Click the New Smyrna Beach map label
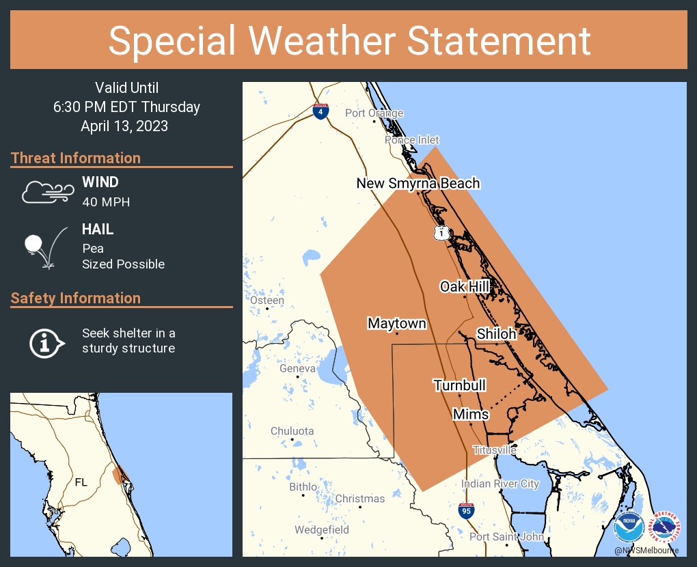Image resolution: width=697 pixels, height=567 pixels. pyautogui.click(x=418, y=183)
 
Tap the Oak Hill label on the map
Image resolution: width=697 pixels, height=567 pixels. pyautogui.click(x=465, y=286)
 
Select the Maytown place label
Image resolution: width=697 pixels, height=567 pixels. pyautogui.click(x=396, y=323)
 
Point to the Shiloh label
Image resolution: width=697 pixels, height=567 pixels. pyautogui.click(x=496, y=333)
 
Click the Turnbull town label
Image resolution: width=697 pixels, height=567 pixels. pyautogui.click(x=459, y=385)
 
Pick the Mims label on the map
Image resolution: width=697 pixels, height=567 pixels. pyautogui.click(x=471, y=414)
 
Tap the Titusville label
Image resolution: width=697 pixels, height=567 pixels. pyautogui.click(x=495, y=450)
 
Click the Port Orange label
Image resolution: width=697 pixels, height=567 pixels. pyautogui.click(x=374, y=113)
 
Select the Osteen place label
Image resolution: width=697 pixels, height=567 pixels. pyautogui.click(x=266, y=301)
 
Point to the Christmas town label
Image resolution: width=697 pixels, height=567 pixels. pyautogui.click(x=359, y=499)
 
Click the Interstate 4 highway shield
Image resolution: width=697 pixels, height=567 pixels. pyautogui.click(x=320, y=111)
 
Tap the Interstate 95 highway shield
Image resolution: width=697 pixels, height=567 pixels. pyautogui.click(x=465, y=510)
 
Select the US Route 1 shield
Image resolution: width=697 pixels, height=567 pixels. pyautogui.click(x=442, y=233)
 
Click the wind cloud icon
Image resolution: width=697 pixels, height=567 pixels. pyautogui.click(x=46, y=192)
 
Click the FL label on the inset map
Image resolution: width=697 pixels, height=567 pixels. pyautogui.click(x=81, y=482)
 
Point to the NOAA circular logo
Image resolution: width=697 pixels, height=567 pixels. pyautogui.click(x=628, y=527)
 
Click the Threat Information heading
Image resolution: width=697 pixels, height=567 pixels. pyautogui.click(x=76, y=158)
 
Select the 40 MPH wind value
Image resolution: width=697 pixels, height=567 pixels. pyautogui.click(x=105, y=202)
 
